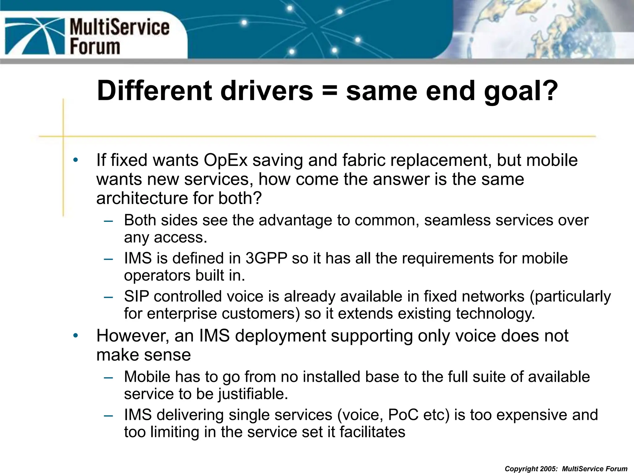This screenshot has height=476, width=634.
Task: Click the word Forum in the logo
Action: (x=95, y=47)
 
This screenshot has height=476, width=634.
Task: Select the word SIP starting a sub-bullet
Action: (x=136, y=296)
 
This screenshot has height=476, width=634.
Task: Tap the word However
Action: (x=132, y=336)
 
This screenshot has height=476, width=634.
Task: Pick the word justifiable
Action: (x=253, y=394)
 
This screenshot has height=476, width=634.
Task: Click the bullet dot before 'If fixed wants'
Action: (x=75, y=160)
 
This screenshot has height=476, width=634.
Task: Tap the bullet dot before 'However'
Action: (x=75, y=336)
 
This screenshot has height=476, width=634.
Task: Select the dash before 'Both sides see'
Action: (x=108, y=221)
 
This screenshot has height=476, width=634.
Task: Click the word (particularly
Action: (x=570, y=297)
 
